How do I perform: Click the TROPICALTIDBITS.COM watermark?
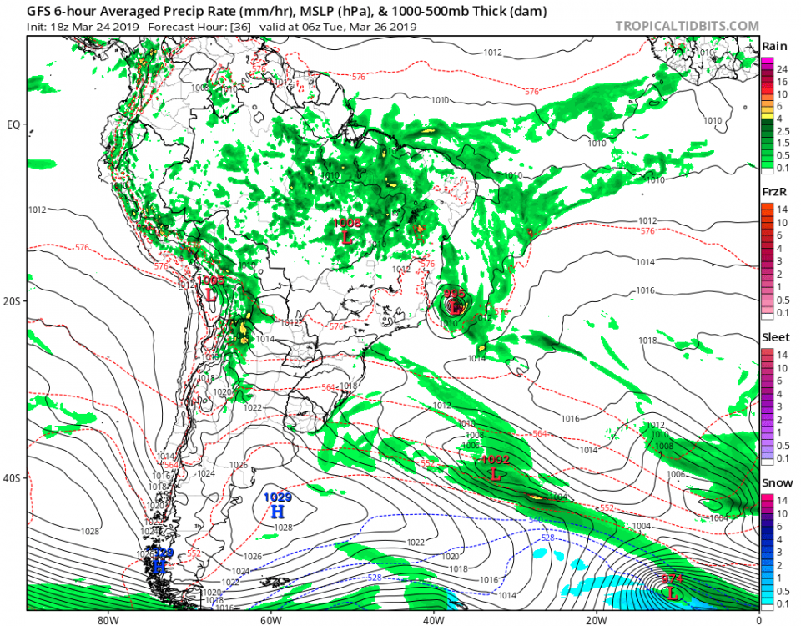[687, 26]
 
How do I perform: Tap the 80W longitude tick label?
[106, 620]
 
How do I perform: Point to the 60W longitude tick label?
[269, 620]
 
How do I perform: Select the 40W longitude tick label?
[432, 620]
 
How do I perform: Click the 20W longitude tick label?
[595, 620]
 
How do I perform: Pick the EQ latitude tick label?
[13, 125]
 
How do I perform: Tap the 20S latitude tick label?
[13, 301]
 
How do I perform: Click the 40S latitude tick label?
[13, 479]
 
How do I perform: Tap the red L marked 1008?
[347, 237]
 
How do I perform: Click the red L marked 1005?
[210, 295]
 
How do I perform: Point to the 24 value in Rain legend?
[784, 70]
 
